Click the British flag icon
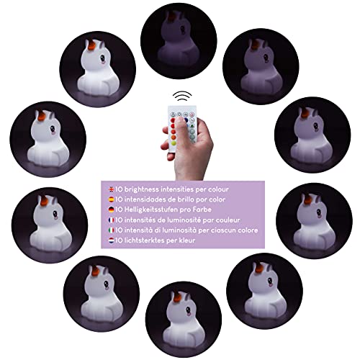[x=112, y=189]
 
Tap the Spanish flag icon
[x=112, y=199]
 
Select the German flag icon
[x=112, y=210]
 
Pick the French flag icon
[x=112, y=220]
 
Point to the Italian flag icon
[x=112, y=230]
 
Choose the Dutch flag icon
[x=112, y=240]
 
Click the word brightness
[x=142, y=189]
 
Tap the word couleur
[x=228, y=220]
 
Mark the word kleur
[x=187, y=240]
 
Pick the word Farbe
[x=202, y=210]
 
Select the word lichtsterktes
[x=144, y=240]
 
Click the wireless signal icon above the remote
[x=182, y=96]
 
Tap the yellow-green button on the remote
[x=174, y=143]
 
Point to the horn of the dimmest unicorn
[x=172, y=17]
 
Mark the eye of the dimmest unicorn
[x=183, y=30]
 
